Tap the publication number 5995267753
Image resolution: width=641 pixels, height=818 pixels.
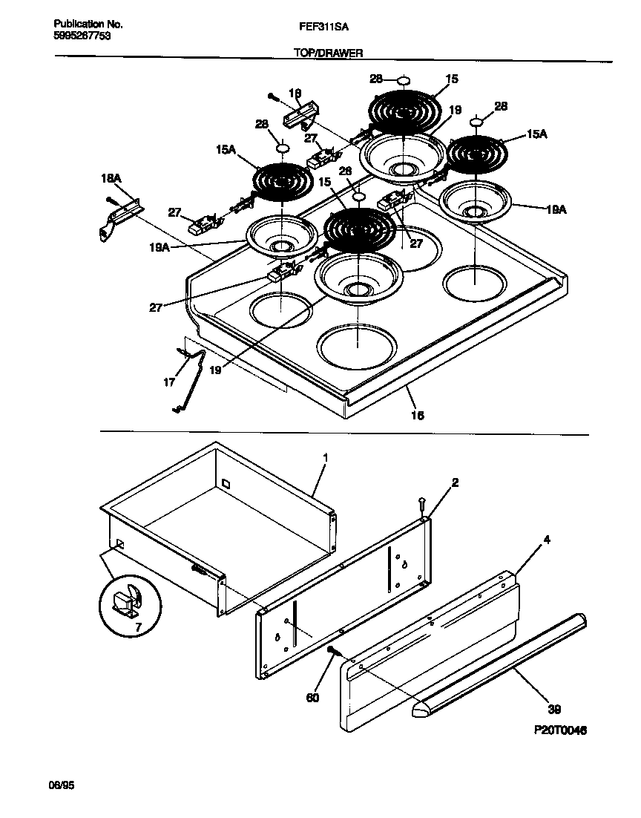[x=83, y=35]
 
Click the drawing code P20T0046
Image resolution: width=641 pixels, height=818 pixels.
[x=560, y=730]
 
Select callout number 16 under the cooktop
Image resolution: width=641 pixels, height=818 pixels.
[x=418, y=416]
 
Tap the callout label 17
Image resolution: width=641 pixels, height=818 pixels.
[x=169, y=383]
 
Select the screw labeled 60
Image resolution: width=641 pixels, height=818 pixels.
[x=332, y=651]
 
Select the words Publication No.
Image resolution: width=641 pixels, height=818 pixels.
[x=88, y=24]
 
